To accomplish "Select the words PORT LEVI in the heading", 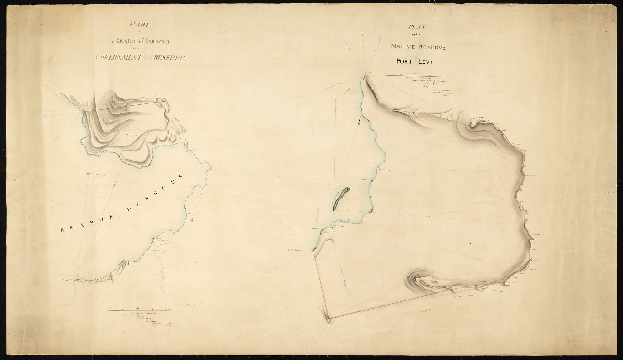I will click(x=417, y=61).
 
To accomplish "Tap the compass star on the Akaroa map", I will click(x=89, y=174).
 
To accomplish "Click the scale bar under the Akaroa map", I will click(x=140, y=310).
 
